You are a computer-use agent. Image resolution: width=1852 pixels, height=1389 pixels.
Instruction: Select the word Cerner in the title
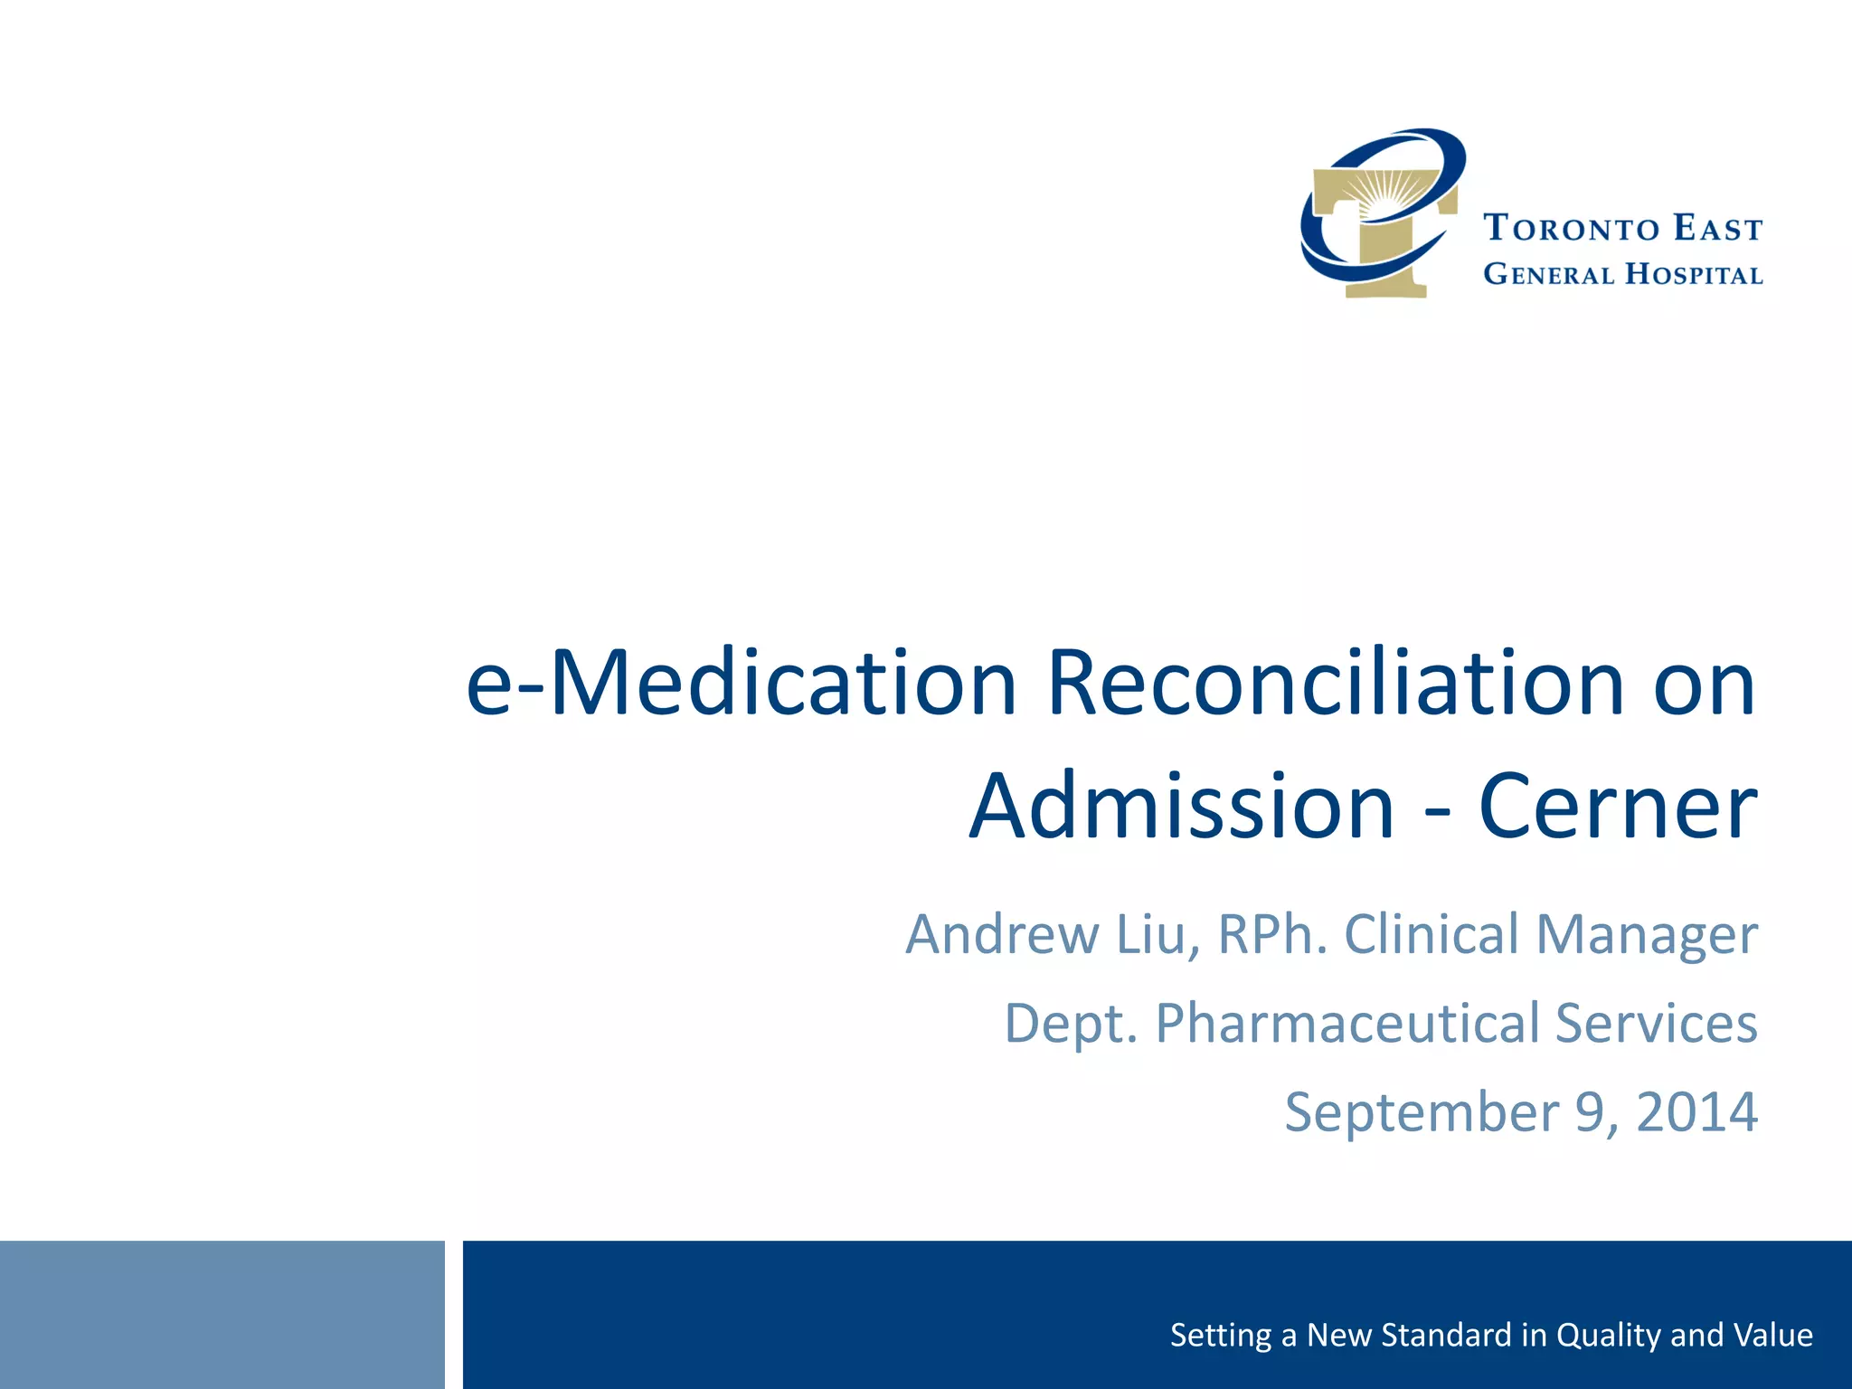point(1618,807)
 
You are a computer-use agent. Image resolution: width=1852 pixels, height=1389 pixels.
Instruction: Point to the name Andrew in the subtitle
point(1002,934)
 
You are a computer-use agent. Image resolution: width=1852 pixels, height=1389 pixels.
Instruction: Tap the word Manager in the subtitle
point(1647,934)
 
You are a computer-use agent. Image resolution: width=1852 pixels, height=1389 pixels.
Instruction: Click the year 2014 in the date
point(1696,1111)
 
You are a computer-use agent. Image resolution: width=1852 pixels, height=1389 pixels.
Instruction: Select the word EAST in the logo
point(1717,229)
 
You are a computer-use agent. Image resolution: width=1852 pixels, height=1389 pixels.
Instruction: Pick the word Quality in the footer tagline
point(1610,1335)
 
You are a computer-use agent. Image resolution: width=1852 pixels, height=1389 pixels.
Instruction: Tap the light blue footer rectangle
point(222,1314)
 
